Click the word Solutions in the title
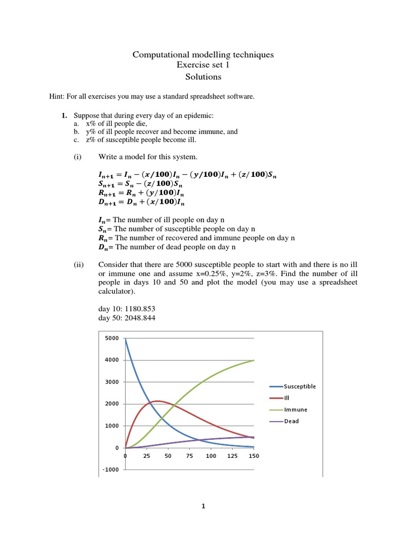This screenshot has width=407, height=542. point(203,77)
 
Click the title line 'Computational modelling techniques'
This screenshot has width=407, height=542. point(203,55)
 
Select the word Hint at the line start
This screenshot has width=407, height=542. point(57,96)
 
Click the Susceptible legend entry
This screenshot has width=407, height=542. point(293,386)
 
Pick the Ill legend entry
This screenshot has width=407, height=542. point(287,398)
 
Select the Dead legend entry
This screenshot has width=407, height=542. point(291,421)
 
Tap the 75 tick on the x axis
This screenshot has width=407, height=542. point(190,456)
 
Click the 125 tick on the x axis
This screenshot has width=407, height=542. point(233,456)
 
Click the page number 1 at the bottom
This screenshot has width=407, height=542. point(203,507)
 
